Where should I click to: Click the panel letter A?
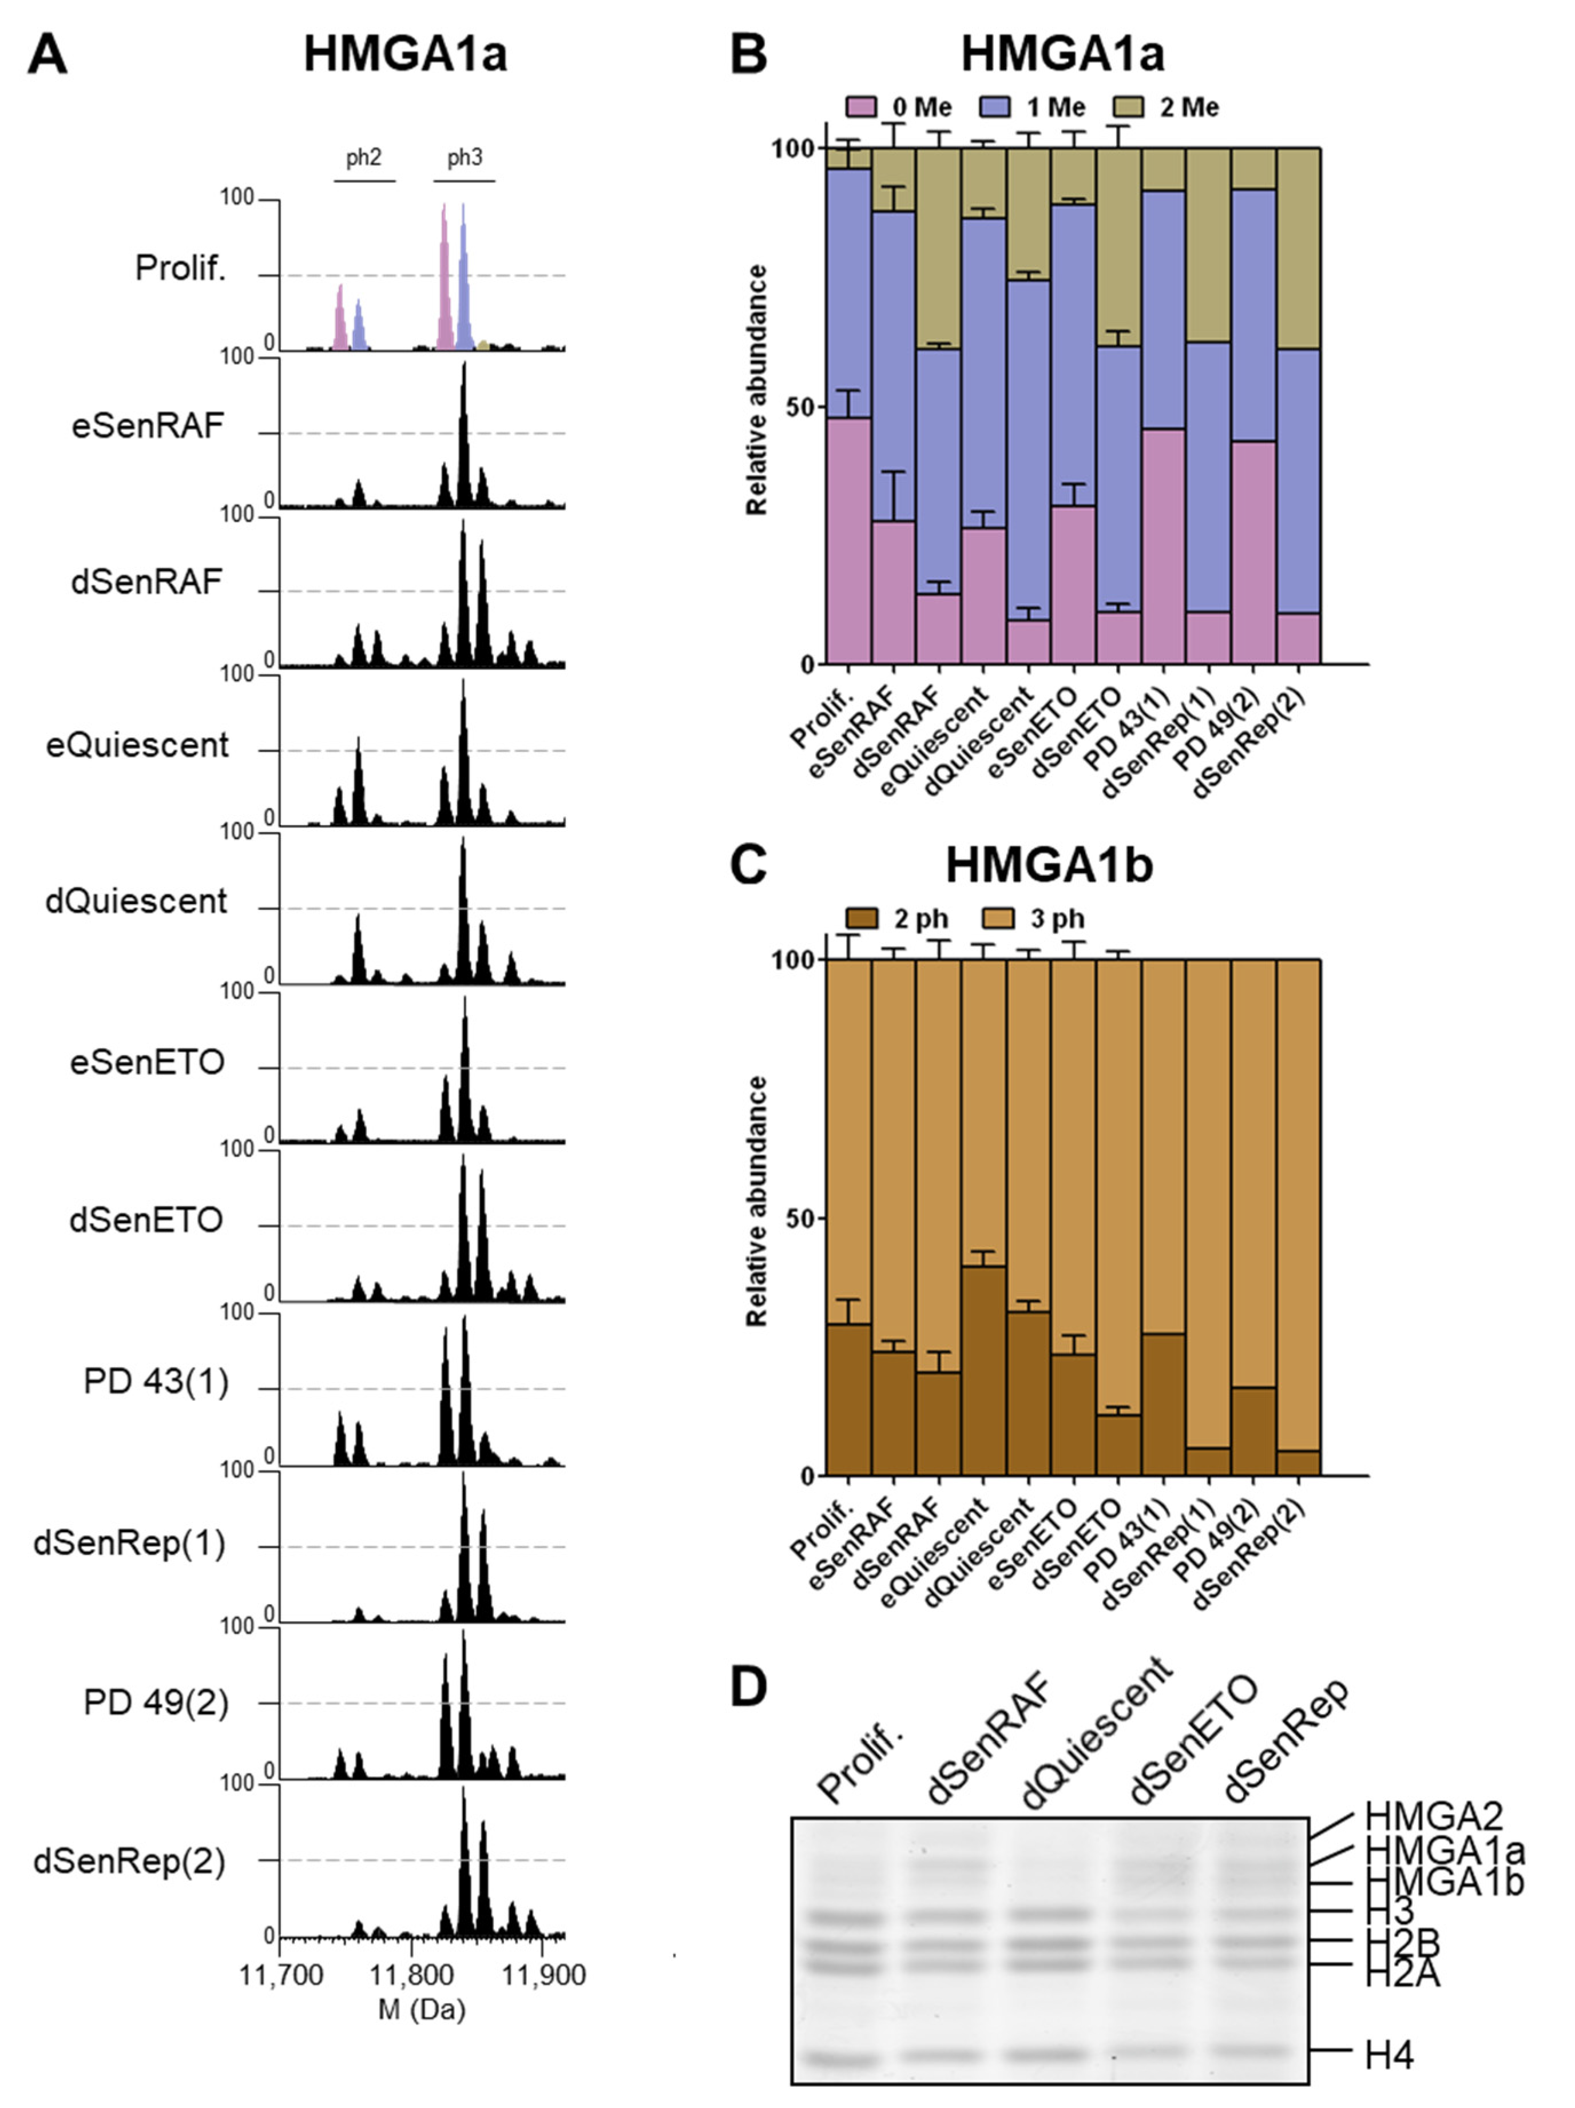point(47,54)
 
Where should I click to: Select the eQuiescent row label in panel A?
point(137,744)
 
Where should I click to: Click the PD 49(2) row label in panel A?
point(156,1702)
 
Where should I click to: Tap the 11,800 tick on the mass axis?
point(412,1975)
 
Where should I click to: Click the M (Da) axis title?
point(422,2009)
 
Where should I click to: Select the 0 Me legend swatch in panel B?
point(861,108)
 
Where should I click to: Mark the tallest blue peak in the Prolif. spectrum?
point(463,276)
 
